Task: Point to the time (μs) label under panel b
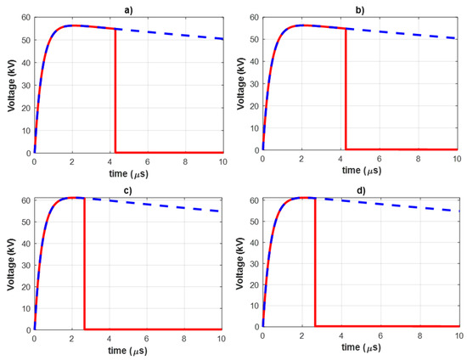(359, 171)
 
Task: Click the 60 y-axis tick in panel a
(25, 17)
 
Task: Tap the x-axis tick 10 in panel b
(456, 160)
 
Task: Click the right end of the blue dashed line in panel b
(457, 39)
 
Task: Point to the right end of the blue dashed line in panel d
(457, 211)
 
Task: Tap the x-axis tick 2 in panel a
(72, 160)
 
